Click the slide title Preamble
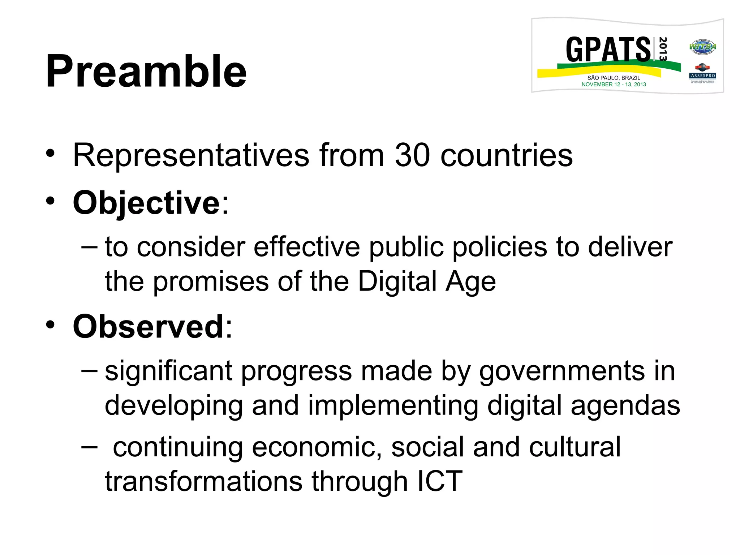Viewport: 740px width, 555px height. tap(146, 71)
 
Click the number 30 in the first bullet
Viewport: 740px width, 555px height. tap(412, 155)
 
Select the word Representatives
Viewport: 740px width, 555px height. tap(191, 155)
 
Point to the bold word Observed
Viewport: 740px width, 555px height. tap(149, 326)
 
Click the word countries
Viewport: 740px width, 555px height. tap(507, 155)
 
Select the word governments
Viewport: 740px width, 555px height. tap(562, 371)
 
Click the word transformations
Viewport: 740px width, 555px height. tap(203, 481)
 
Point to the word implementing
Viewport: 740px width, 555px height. tap(393, 405)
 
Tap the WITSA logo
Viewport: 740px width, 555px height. tap(702, 47)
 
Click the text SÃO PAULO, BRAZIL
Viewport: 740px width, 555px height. tap(614, 78)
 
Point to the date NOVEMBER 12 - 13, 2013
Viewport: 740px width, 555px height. tap(614, 85)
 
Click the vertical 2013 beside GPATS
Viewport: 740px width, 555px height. tap(663, 49)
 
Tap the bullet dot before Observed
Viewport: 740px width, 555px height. tap(50, 324)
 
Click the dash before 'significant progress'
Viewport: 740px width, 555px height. tap(89, 370)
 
